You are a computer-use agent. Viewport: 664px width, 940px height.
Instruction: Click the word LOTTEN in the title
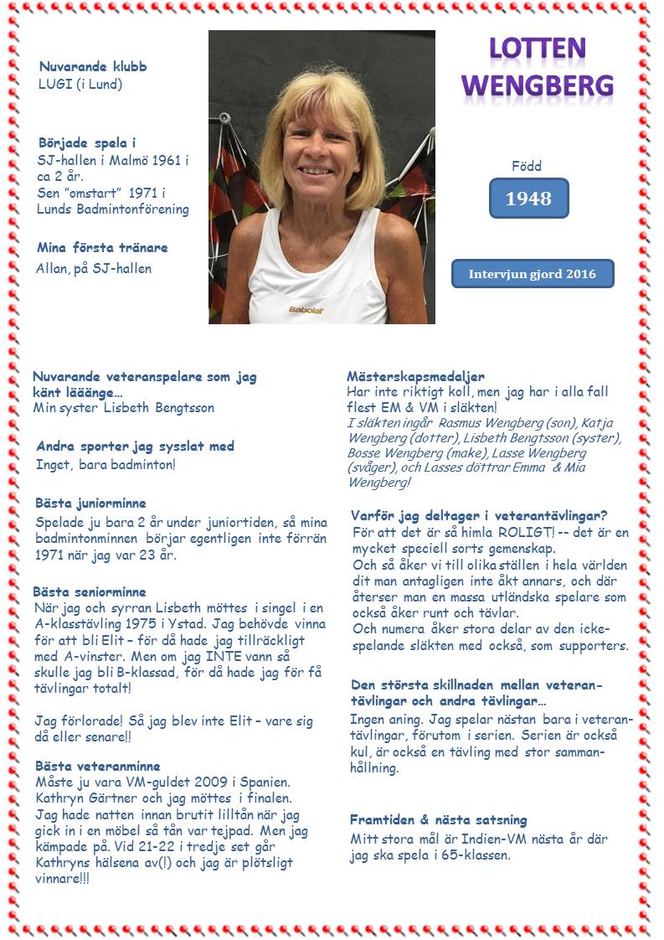pyautogui.click(x=537, y=50)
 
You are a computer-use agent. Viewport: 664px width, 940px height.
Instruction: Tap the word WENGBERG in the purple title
pyautogui.click(x=537, y=84)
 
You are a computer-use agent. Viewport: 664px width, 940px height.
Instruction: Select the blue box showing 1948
pyautogui.click(x=528, y=199)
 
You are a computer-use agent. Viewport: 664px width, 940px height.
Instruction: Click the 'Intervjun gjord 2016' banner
pyautogui.click(x=533, y=274)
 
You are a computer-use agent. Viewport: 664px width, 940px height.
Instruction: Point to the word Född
pyautogui.click(x=527, y=166)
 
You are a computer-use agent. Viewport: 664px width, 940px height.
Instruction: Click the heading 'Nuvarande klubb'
pyautogui.click(x=93, y=67)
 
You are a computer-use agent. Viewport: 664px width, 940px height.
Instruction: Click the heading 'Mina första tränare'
pyautogui.click(x=102, y=248)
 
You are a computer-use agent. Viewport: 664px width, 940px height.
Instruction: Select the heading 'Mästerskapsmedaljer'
pyautogui.click(x=415, y=377)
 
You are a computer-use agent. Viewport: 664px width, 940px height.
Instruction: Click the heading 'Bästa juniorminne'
pyautogui.click(x=91, y=504)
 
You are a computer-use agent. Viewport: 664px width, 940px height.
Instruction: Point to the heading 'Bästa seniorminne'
pyautogui.click(x=90, y=592)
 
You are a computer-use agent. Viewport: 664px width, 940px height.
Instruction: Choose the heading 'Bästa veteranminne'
pyautogui.click(x=98, y=766)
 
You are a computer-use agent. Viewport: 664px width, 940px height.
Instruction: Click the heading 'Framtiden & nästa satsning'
pyautogui.click(x=439, y=820)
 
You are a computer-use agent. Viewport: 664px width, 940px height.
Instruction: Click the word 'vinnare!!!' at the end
pyautogui.click(x=63, y=878)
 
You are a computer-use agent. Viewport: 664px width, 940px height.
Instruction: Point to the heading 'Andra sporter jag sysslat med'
pyautogui.click(x=135, y=447)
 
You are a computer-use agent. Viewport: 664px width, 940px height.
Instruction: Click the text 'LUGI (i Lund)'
pyautogui.click(x=80, y=84)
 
